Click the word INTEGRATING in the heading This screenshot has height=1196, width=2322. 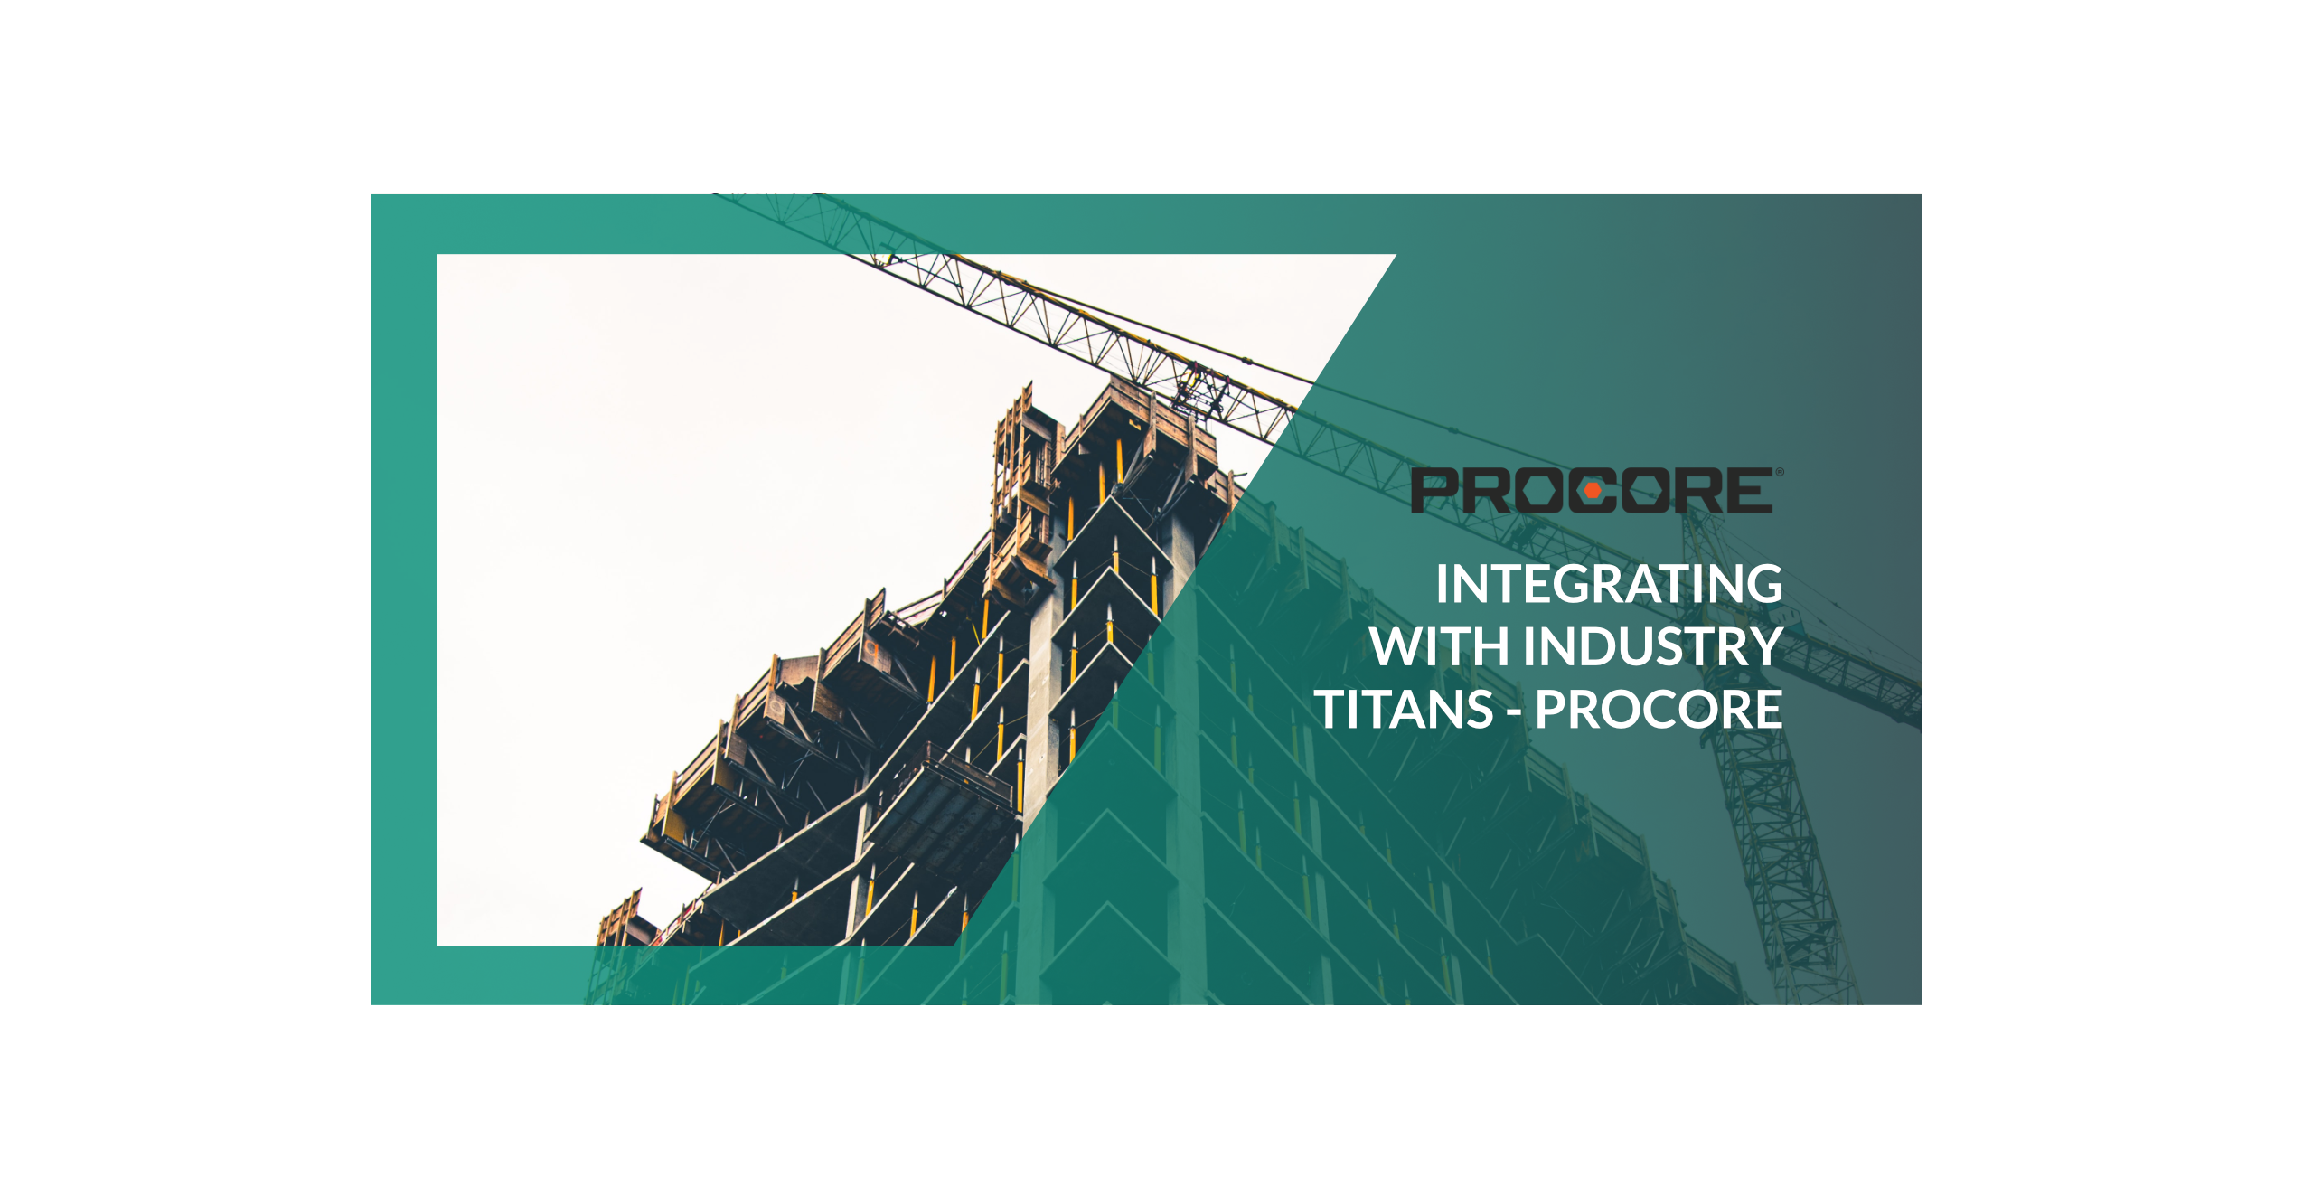pos(1609,584)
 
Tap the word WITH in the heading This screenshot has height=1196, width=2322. pos(1440,646)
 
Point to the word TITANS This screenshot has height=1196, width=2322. pos(1404,709)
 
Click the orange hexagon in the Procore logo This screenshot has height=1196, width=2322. pos(1593,491)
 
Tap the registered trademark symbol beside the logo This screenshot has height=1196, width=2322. pos(1780,472)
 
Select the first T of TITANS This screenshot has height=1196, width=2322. pos(1330,709)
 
